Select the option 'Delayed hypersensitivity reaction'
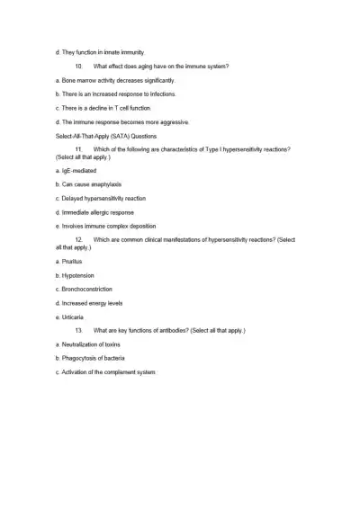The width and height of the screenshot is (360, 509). (100, 198)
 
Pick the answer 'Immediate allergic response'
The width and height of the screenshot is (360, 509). (94, 212)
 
